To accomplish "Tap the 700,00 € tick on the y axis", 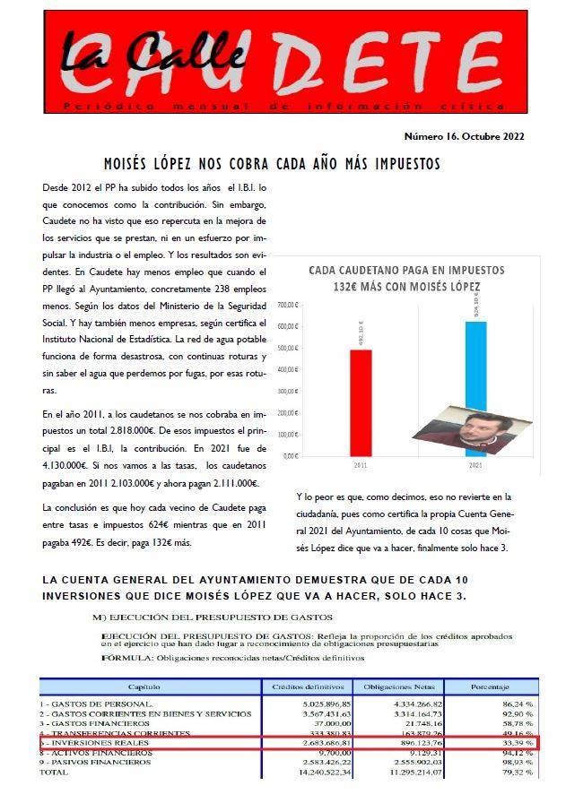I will (x=289, y=304).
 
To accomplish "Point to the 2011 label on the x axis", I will (x=360, y=467).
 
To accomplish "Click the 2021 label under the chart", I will (x=475, y=467).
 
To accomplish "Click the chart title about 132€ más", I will (x=406, y=278).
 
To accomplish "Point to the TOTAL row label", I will (x=55, y=771).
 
